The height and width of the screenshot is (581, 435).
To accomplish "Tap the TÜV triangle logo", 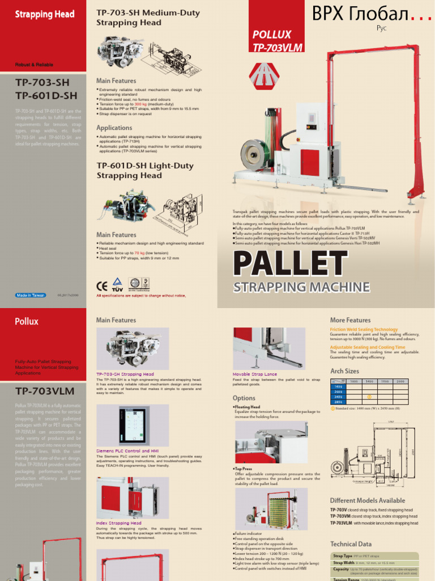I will pyautogui.click(x=118, y=284).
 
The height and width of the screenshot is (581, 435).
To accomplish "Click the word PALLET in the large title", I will pyautogui.click(x=282, y=264).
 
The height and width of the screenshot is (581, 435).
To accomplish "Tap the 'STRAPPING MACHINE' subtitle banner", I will pyautogui.click(x=301, y=287).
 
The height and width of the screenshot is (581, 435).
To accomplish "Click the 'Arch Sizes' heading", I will pyautogui.click(x=344, y=371).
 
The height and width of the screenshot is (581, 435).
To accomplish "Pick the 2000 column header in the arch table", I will pyautogui.click(x=400, y=381).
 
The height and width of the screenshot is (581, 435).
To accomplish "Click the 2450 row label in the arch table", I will pyautogui.click(x=336, y=397).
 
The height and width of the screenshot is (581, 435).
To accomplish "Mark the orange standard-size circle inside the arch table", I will pyautogui.click(x=369, y=397).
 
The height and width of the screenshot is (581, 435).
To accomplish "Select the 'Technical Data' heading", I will pyautogui.click(x=351, y=544).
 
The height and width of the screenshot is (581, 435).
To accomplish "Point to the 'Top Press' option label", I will pyautogui.click(x=244, y=469).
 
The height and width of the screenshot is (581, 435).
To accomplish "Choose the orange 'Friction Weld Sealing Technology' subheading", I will pyautogui.click(x=364, y=330).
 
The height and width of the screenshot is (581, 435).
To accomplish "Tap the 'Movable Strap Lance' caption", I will pyautogui.click(x=255, y=374).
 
